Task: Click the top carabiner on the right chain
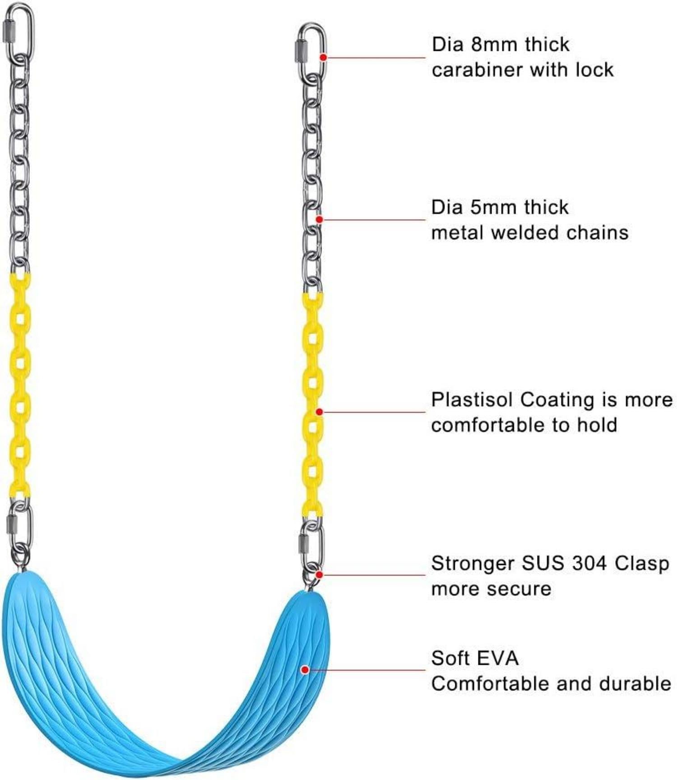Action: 311,50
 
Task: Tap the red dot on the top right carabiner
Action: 323,57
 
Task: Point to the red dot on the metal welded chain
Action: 319,219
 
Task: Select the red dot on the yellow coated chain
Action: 319,412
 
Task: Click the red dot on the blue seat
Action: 305,669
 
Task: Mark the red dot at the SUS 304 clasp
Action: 319,575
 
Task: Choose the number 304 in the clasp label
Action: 587,563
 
